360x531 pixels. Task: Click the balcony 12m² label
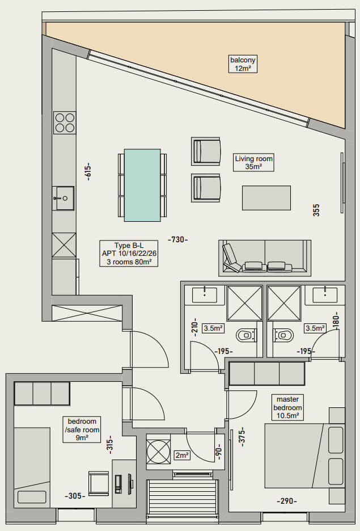pyautogui.click(x=243, y=64)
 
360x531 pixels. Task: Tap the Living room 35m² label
pyautogui.click(x=253, y=163)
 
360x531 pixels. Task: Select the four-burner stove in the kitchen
pyautogui.click(x=65, y=123)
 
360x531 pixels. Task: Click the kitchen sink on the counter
pyautogui.click(x=63, y=198)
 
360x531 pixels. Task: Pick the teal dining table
pyautogui.click(x=142, y=186)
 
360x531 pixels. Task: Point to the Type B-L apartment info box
pyautogui.click(x=129, y=254)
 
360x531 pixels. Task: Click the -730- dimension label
pyautogui.click(x=177, y=240)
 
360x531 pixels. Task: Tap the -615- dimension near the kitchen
pyautogui.click(x=88, y=171)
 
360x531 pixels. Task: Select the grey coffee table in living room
pyautogui.click(x=266, y=198)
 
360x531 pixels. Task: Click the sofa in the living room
pyautogui.click(x=265, y=258)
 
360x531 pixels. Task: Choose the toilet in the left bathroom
pyautogui.click(x=247, y=335)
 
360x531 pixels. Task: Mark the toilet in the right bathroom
pyautogui.click(x=283, y=335)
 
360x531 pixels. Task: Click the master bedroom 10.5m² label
pyautogui.click(x=287, y=407)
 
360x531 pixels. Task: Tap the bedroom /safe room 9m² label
pyautogui.click(x=82, y=429)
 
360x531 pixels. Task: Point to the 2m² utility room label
pyautogui.click(x=182, y=455)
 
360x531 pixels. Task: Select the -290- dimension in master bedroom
pyautogui.click(x=286, y=501)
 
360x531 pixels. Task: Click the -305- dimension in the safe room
pyautogui.click(x=75, y=496)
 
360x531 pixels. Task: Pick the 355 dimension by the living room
pyautogui.click(x=316, y=210)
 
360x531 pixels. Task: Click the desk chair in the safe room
pyautogui.click(x=99, y=482)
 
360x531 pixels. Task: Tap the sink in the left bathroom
pyautogui.click(x=205, y=294)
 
